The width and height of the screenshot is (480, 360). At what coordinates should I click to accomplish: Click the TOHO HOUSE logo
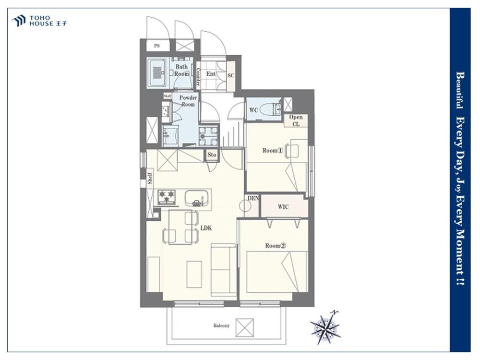click(39, 21)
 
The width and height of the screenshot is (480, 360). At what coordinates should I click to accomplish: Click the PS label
click(157, 46)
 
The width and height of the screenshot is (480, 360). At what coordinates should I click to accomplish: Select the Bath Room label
click(181, 70)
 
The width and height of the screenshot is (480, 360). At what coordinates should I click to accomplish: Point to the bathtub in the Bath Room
click(157, 73)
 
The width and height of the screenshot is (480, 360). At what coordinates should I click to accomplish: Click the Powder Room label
click(188, 101)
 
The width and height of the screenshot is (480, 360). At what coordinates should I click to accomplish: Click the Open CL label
click(296, 120)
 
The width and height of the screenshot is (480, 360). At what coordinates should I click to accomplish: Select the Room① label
click(273, 151)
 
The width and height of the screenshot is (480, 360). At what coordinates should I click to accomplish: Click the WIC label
click(283, 207)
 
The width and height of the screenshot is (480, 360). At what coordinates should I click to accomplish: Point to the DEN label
click(253, 198)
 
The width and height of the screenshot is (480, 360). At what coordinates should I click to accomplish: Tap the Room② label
click(275, 245)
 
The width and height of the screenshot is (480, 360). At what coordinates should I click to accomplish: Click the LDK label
click(206, 228)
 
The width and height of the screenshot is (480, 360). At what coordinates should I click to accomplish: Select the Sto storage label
click(212, 155)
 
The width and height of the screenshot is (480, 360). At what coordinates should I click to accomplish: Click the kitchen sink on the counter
click(197, 198)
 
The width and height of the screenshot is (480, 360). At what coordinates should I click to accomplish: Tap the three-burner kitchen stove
click(167, 197)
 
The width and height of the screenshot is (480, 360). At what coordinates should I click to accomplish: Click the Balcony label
click(221, 325)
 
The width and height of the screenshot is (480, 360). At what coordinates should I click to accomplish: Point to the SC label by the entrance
click(231, 75)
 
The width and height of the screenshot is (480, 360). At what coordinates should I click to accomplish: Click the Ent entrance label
click(211, 74)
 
